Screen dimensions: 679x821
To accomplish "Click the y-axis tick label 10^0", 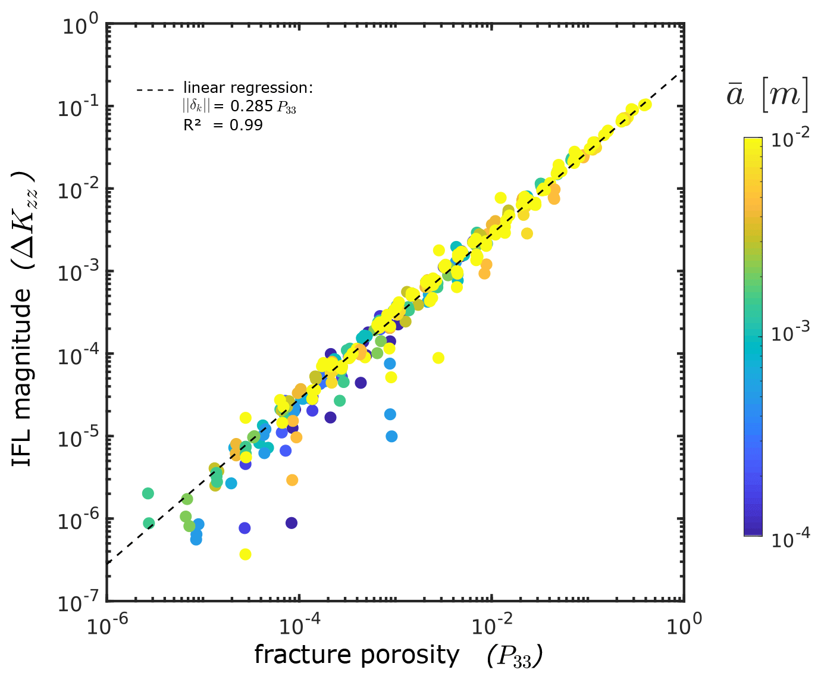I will pyautogui.click(x=80, y=26).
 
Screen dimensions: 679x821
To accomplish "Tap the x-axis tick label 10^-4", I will pyautogui.click(x=299, y=625).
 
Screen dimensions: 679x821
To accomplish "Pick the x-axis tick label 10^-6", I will pyautogui.click(x=107, y=625).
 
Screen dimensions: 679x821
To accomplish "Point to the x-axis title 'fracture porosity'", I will pyautogui.click(x=357, y=655).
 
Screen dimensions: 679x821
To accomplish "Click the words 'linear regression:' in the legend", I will pyautogui.click(x=247, y=88).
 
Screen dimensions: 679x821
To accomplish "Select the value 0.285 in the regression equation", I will pyautogui.click(x=252, y=107).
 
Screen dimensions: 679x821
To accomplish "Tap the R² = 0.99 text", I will pyautogui.click(x=223, y=125).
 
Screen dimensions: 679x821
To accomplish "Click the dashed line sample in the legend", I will pyautogui.click(x=155, y=90).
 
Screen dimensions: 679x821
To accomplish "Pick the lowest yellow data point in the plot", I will pyautogui.click(x=245, y=554).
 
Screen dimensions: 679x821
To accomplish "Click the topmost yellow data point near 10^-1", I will pyautogui.click(x=645, y=105).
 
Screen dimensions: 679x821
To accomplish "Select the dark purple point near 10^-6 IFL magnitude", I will pyautogui.click(x=291, y=523).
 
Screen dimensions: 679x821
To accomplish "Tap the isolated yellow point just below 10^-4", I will pyautogui.click(x=438, y=358).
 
